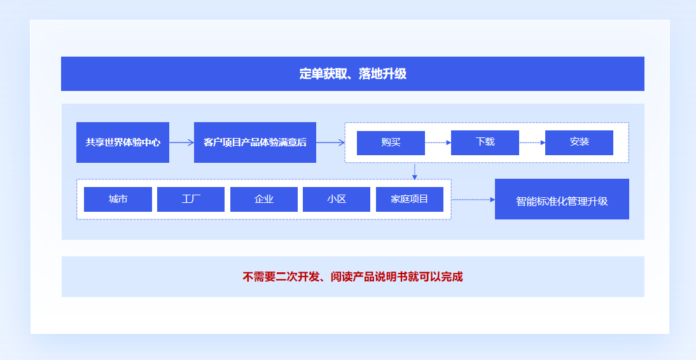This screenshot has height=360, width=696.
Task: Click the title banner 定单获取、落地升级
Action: [x=352, y=74]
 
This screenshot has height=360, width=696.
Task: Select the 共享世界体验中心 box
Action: [x=123, y=142]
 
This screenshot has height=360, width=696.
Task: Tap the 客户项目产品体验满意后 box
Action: [x=254, y=142]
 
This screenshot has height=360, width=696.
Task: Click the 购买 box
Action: [x=391, y=142]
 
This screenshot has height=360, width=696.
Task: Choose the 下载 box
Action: [x=485, y=142]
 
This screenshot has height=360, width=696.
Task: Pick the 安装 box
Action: [x=579, y=142]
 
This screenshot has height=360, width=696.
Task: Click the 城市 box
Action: [x=118, y=199]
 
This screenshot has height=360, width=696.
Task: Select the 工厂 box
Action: [x=191, y=199]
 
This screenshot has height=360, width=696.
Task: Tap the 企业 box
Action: [x=263, y=199]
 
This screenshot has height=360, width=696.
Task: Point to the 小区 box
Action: [x=337, y=199]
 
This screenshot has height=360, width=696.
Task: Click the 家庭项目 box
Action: [x=410, y=199]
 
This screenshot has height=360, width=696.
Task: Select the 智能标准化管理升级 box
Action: [x=562, y=200]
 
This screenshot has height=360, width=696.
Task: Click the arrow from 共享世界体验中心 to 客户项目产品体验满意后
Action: [x=181, y=142]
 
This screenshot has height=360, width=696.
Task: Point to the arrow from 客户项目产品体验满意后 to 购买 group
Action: [x=330, y=142]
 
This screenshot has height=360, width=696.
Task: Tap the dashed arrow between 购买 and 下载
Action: [x=438, y=142]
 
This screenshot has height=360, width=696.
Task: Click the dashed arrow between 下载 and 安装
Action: [x=532, y=142]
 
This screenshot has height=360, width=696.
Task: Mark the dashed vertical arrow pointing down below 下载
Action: [x=415, y=170]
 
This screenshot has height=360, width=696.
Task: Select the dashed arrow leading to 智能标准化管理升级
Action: [x=473, y=200]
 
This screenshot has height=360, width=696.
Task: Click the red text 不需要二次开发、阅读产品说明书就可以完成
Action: [x=352, y=277]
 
